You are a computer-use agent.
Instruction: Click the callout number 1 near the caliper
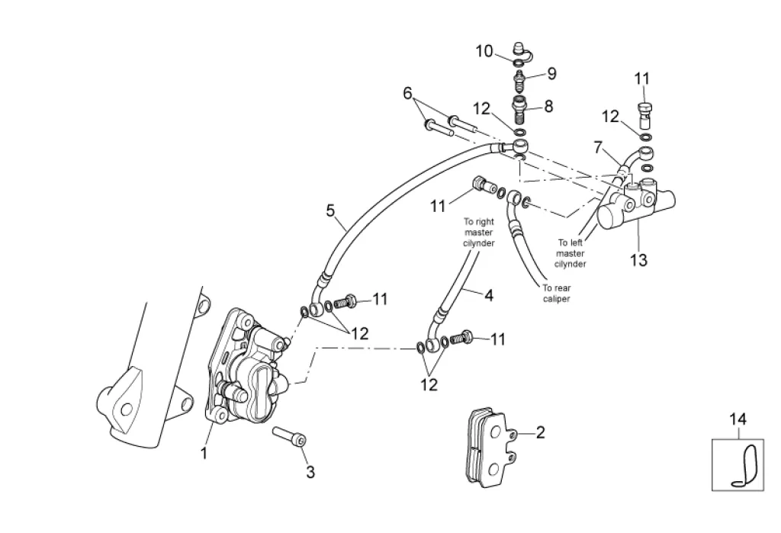[x=204, y=453]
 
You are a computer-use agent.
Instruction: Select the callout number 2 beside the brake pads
[x=541, y=432]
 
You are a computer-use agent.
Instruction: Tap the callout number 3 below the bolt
[x=310, y=472]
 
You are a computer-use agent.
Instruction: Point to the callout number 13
[x=638, y=260]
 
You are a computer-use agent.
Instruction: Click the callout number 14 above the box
[x=738, y=419]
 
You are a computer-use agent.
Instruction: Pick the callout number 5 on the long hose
[x=331, y=210]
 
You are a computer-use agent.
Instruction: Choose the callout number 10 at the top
[x=484, y=51]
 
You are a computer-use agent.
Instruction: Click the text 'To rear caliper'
[x=556, y=294]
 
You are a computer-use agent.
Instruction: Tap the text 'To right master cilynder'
[x=479, y=232]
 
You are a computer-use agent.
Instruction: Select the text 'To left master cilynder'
[x=570, y=254]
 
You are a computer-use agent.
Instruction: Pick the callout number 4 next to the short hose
[x=489, y=295]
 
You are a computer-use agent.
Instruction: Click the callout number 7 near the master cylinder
[x=598, y=147]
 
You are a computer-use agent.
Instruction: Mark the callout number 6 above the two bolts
[x=408, y=93]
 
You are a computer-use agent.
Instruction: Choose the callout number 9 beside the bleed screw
[x=551, y=74]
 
